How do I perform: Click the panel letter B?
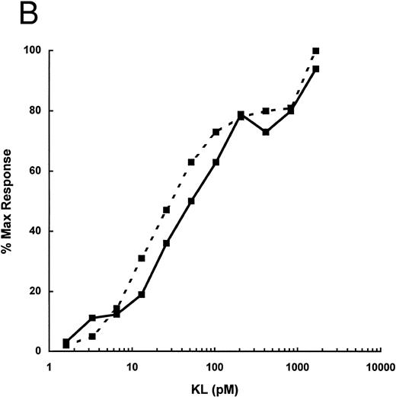point(13,14)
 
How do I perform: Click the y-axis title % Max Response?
point(11,201)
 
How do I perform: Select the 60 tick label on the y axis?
point(34,171)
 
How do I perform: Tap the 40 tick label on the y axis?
point(34,231)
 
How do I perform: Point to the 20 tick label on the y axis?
point(34,291)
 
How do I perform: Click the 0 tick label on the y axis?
point(37,351)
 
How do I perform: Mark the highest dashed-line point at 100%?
point(316,51)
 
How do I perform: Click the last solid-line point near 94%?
point(316,69)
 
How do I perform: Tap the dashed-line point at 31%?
point(142,258)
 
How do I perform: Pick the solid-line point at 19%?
point(142,294)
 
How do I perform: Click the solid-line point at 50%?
point(191,201)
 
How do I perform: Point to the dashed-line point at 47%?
point(166,210)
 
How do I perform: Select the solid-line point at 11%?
point(91,318)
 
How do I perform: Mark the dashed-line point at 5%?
point(91,336)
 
